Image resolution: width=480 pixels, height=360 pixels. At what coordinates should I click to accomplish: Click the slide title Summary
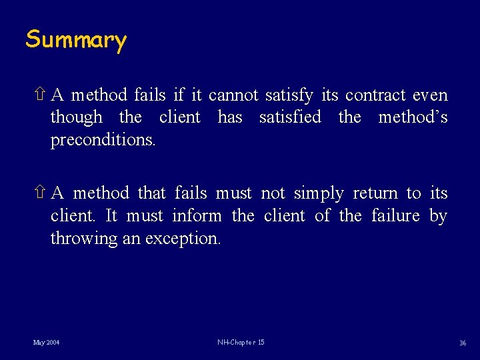point(76,40)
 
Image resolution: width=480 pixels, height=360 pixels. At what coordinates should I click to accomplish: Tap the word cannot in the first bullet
point(233,95)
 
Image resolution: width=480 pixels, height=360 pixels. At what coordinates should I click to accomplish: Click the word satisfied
point(290,118)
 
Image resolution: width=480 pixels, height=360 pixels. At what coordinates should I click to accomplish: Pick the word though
point(77,118)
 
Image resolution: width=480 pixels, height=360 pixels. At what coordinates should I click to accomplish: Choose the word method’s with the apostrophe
point(413,118)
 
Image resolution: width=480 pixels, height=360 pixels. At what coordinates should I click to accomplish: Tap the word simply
point(319,194)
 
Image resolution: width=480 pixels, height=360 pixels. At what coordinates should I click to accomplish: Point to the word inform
point(197,216)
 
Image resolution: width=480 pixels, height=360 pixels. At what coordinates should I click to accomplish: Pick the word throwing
point(84,239)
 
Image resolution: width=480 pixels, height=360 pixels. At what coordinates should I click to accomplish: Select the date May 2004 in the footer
point(46,343)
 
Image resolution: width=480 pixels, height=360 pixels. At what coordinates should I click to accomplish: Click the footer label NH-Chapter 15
point(241,343)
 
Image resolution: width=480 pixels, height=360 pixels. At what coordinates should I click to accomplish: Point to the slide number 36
point(462,343)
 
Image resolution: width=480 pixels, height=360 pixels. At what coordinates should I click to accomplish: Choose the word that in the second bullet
point(153,194)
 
